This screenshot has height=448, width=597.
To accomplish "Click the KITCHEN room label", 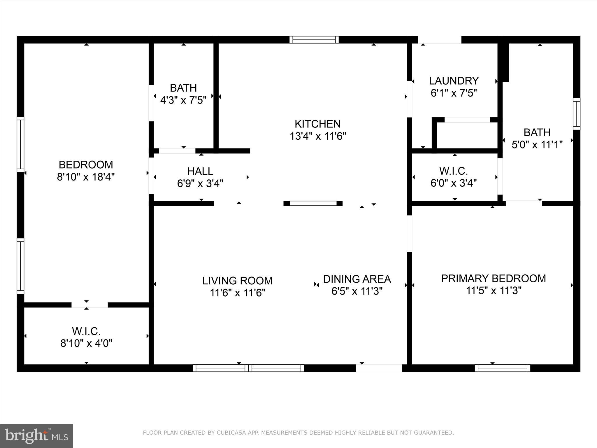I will [x=317, y=124].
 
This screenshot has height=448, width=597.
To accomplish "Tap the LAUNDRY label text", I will [x=454, y=80].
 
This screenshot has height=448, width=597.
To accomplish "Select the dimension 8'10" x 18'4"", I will [x=86, y=177].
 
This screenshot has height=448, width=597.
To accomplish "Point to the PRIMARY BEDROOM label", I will [x=493, y=279].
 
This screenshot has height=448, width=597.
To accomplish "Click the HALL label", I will [x=200, y=171].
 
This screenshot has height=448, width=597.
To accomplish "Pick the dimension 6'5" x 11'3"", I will [x=357, y=291].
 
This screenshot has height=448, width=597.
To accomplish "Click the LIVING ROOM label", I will [x=237, y=281].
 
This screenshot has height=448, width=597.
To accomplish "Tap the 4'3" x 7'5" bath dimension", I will [x=183, y=100].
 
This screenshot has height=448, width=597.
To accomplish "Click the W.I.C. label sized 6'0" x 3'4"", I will [x=453, y=171].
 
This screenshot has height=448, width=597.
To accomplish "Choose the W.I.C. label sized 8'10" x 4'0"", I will [x=86, y=331].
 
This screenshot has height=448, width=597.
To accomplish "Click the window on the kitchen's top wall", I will [x=314, y=40].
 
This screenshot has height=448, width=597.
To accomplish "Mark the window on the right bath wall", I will [x=576, y=114].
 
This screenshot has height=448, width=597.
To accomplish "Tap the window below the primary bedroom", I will [x=502, y=368].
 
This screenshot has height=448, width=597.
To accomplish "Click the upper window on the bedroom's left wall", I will [x=20, y=144].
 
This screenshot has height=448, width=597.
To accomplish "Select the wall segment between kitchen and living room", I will [x=313, y=203].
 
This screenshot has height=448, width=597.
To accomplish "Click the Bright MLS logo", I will [x=36, y=436].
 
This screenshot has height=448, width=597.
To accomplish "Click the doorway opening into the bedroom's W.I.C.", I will [x=89, y=305].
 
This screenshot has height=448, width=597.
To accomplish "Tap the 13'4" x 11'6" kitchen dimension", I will [x=317, y=136].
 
